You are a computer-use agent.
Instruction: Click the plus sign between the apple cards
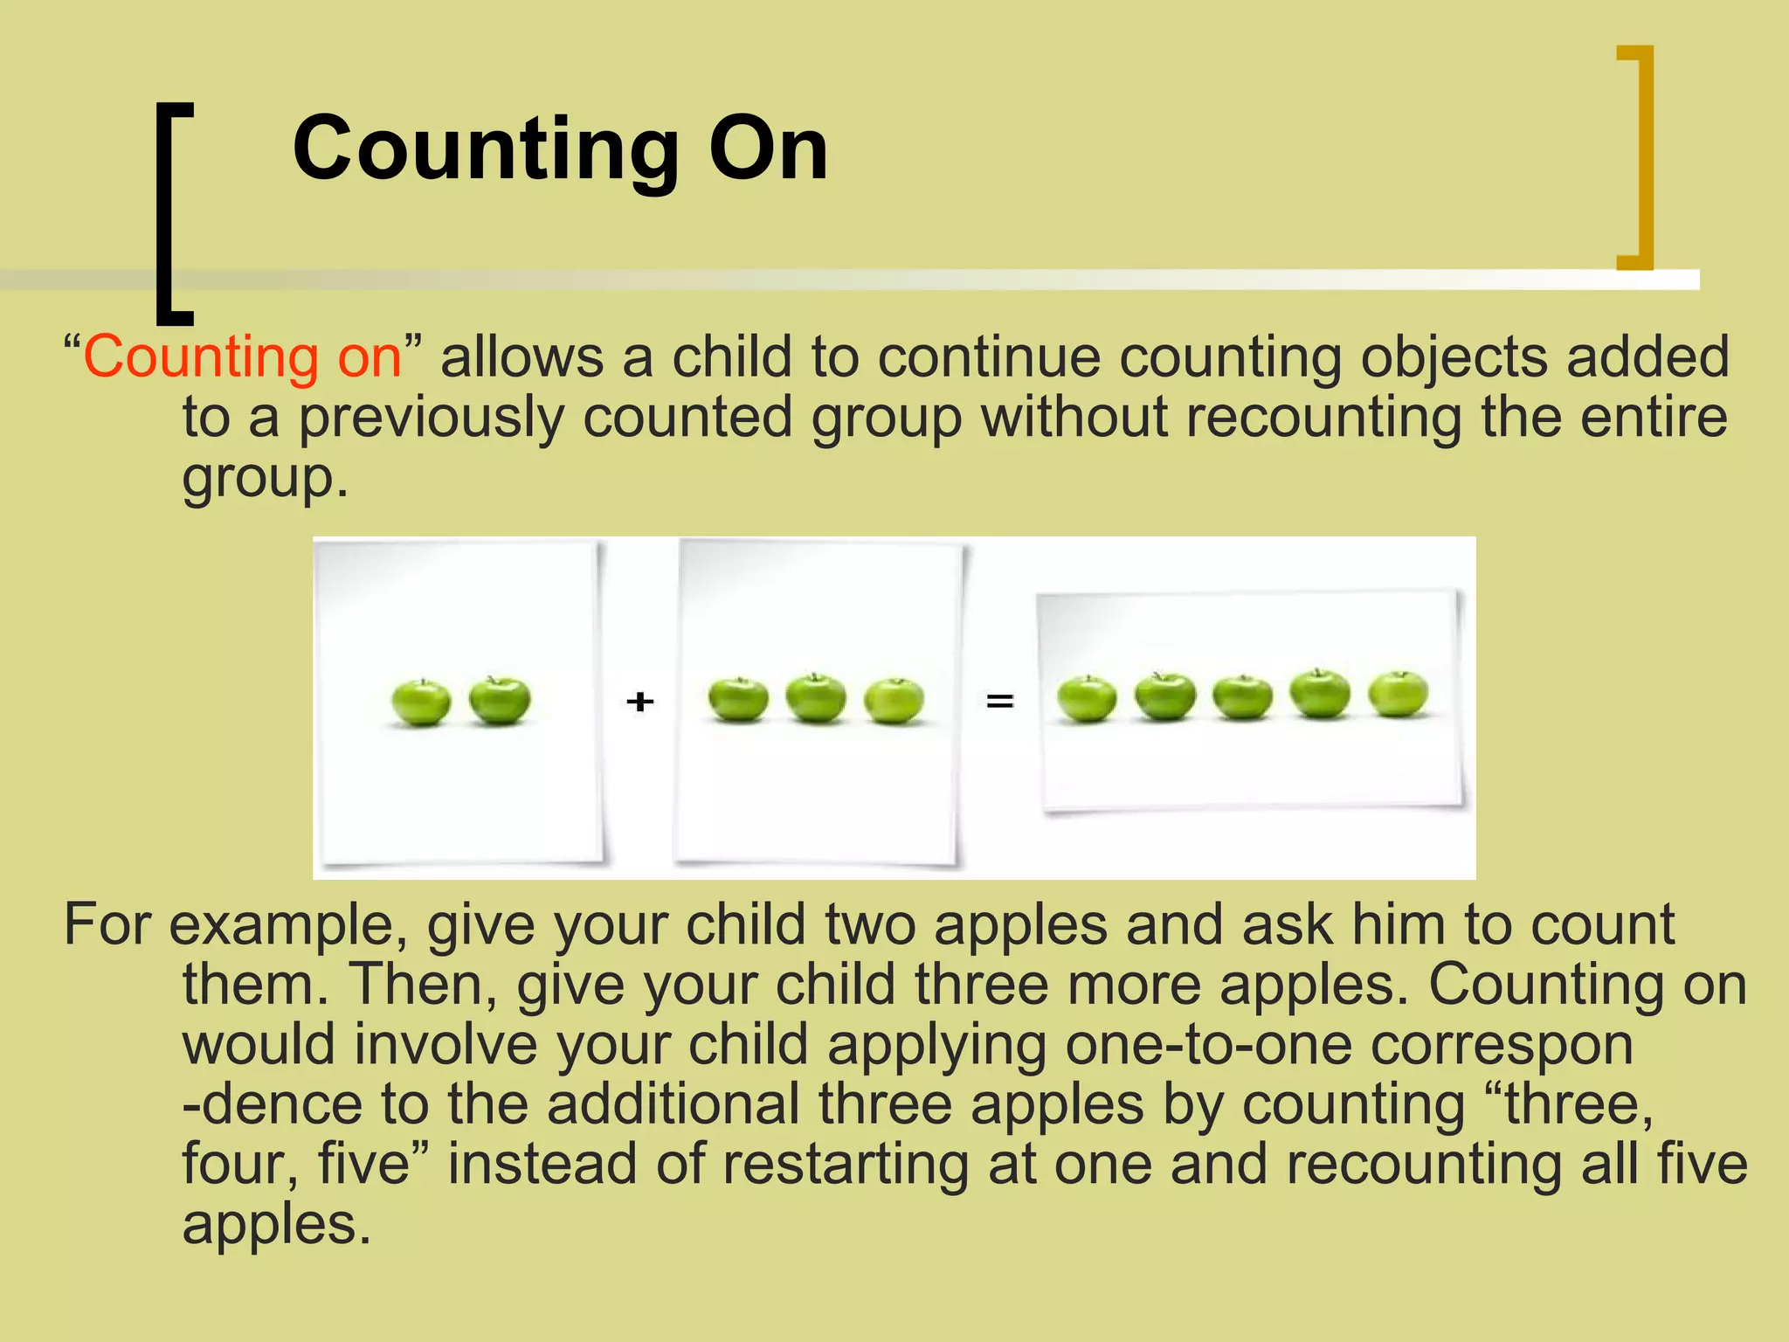tap(640, 702)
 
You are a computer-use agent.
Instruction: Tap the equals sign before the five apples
tap(999, 700)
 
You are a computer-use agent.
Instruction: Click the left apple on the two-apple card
tap(421, 702)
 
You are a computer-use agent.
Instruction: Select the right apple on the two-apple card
tap(500, 701)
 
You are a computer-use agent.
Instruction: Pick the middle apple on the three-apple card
tap(816, 698)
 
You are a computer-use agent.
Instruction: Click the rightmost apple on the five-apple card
tap(1398, 695)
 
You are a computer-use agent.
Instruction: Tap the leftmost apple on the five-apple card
tap(1087, 699)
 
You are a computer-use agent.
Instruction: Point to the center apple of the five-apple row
tap(1242, 698)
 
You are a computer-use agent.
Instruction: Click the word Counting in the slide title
tap(486, 150)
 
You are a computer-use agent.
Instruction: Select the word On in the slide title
tap(768, 150)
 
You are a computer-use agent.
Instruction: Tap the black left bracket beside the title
tap(172, 210)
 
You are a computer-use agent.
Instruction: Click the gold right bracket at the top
tap(1637, 157)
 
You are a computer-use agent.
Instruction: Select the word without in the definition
tap(1074, 418)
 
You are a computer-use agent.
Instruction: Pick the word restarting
tap(846, 1165)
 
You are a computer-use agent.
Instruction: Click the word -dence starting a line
tap(272, 1104)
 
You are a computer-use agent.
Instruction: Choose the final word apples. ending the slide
tap(277, 1225)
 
